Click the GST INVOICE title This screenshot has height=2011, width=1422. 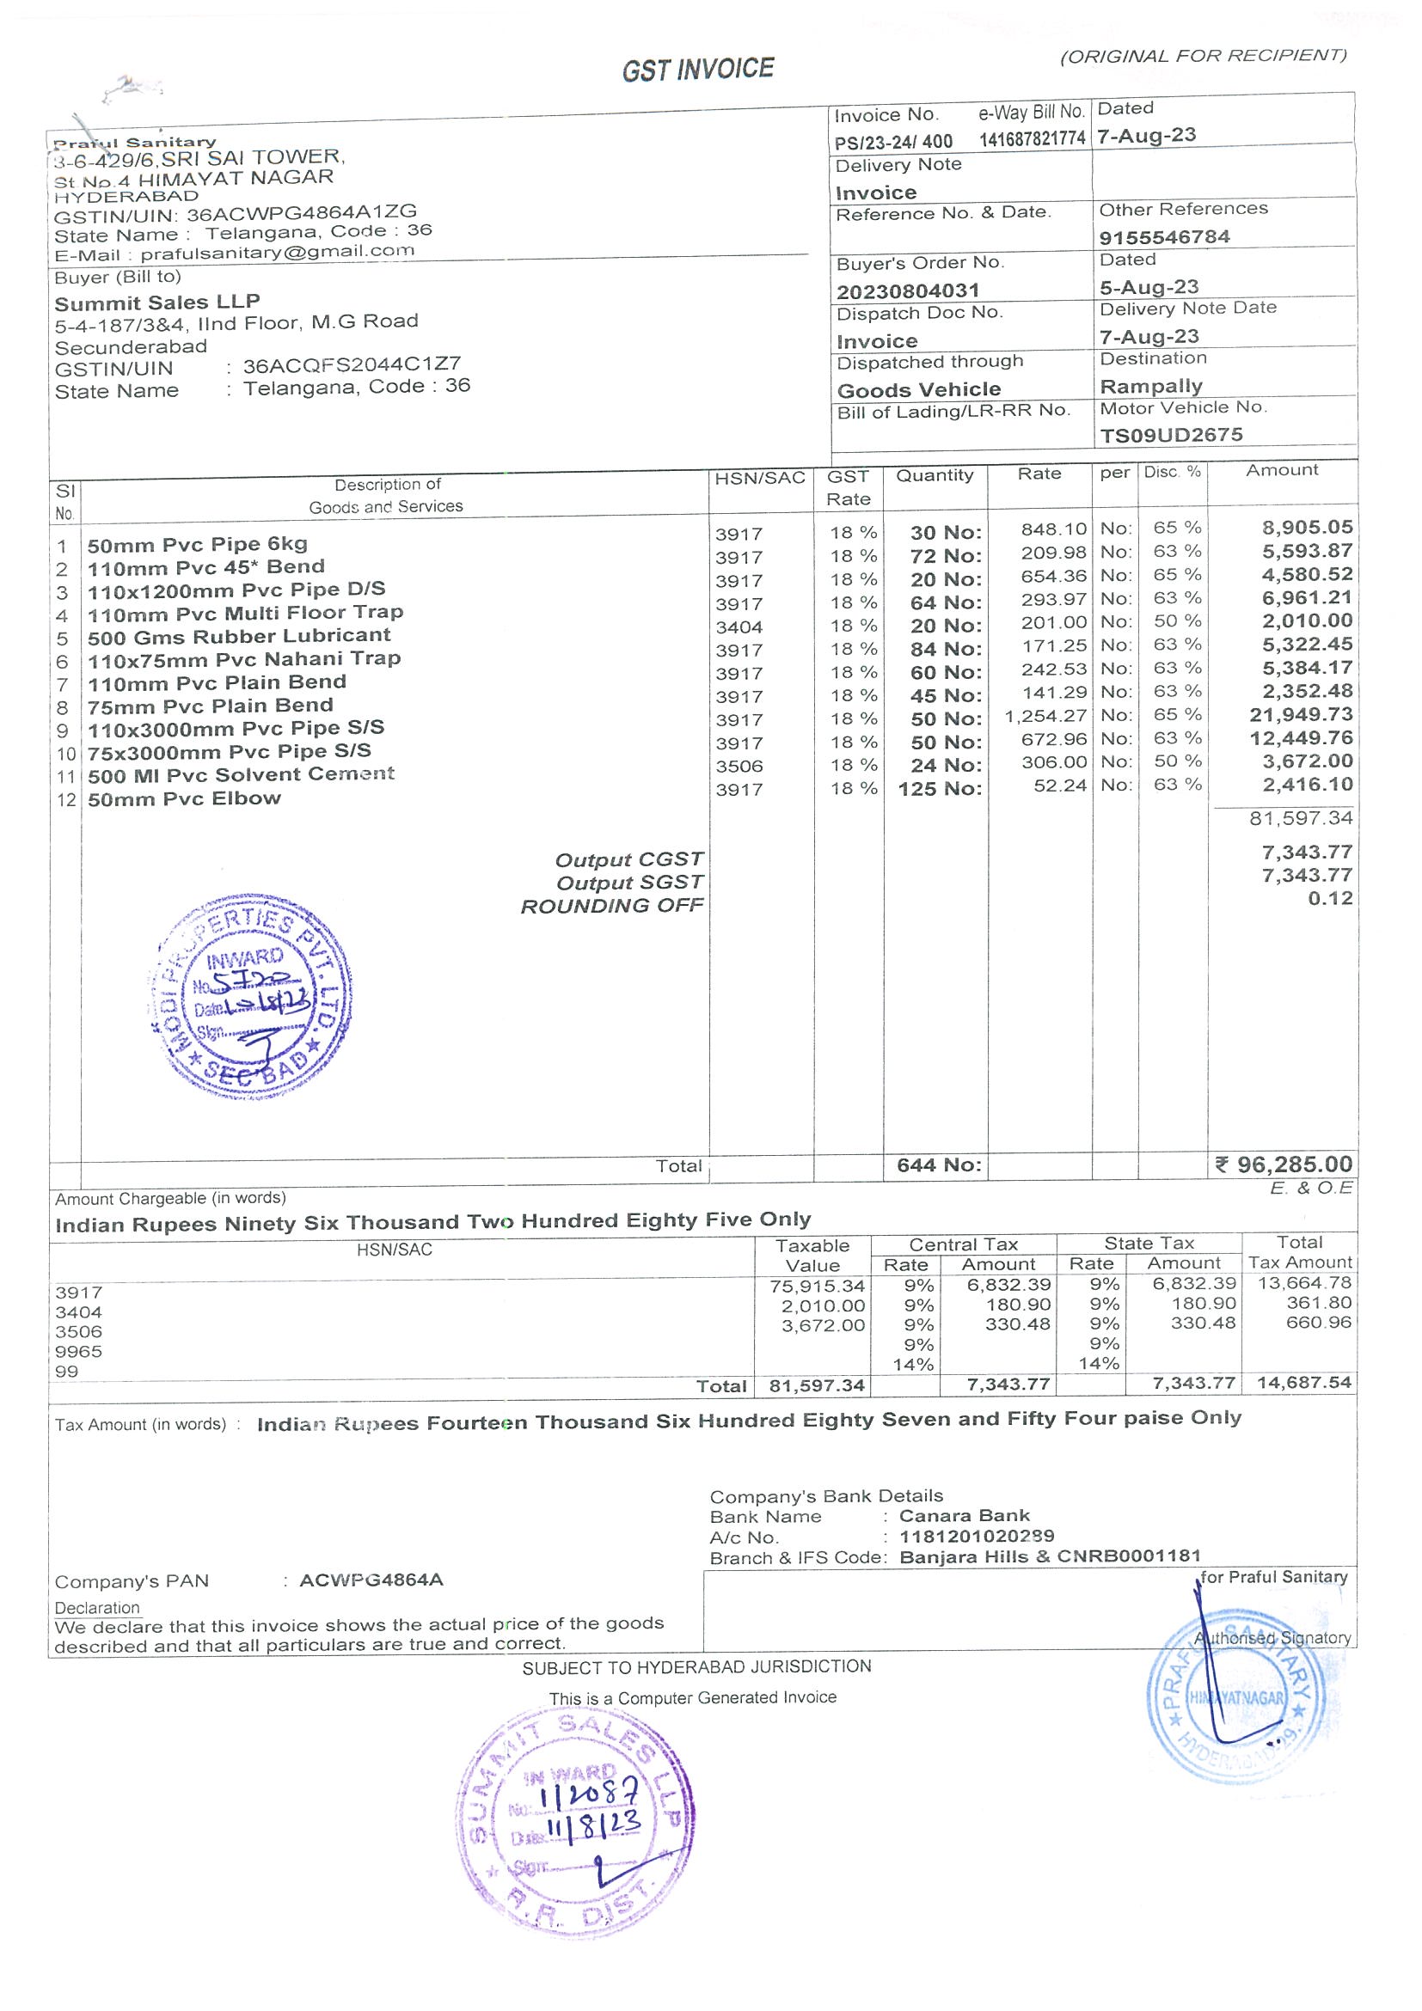click(697, 70)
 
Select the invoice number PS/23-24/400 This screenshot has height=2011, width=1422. click(892, 141)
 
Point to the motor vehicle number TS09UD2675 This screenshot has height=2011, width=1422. click(1171, 436)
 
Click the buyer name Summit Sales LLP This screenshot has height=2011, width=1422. click(156, 303)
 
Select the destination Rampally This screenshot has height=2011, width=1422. click(1150, 386)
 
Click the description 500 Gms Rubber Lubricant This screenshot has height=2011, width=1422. click(238, 637)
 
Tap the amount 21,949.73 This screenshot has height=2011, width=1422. click(1300, 715)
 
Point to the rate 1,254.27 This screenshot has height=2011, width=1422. click(1045, 717)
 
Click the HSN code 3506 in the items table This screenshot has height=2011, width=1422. click(739, 767)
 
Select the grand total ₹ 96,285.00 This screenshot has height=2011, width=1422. click(1284, 1164)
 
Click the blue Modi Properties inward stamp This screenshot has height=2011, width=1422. click(250, 998)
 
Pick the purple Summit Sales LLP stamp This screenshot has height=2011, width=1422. click(575, 1823)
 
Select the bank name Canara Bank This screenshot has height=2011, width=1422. click(964, 1516)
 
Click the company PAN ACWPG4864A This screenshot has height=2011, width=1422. click(371, 1581)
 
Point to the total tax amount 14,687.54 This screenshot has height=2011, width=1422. click(1302, 1383)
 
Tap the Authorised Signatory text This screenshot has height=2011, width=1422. click(1272, 1638)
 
